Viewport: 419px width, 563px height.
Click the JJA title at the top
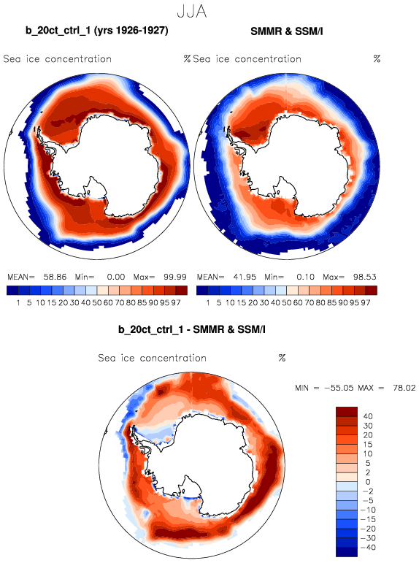tap(192, 12)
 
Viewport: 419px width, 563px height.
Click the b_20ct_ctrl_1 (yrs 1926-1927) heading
tap(97, 31)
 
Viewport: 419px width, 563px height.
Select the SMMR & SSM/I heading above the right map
tap(287, 31)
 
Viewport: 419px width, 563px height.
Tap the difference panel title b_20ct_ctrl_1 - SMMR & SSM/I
tap(192, 329)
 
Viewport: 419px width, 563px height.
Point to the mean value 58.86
tap(55, 277)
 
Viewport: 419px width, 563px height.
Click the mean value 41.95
tap(245, 277)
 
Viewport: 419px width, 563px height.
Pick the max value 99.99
tap(175, 277)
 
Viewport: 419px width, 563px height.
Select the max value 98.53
tap(364, 277)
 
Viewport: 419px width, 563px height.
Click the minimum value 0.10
tap(305, 277)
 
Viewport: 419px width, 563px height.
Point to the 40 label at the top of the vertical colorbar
tap(368, 416)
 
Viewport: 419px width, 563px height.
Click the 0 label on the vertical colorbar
tap(368, 482)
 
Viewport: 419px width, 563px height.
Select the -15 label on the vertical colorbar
tap(367, 519)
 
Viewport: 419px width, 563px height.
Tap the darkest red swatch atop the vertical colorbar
tap(347, 411)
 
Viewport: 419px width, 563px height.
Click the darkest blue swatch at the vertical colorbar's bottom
tap(347, 552)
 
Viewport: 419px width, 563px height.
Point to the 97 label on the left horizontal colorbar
tap(176, 303)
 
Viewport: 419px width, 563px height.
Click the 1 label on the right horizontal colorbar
tap(208, 303)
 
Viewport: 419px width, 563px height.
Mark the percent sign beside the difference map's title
tap(282, 358)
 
